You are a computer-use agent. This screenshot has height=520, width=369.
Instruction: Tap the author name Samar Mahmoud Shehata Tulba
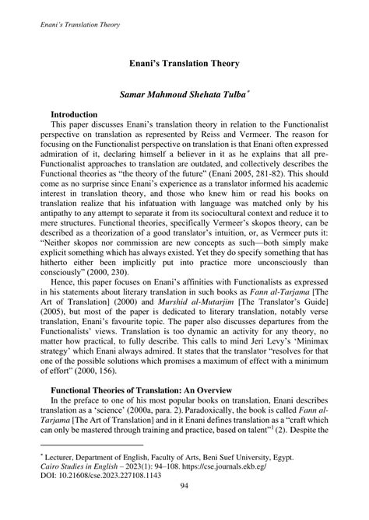click(182, 92)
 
